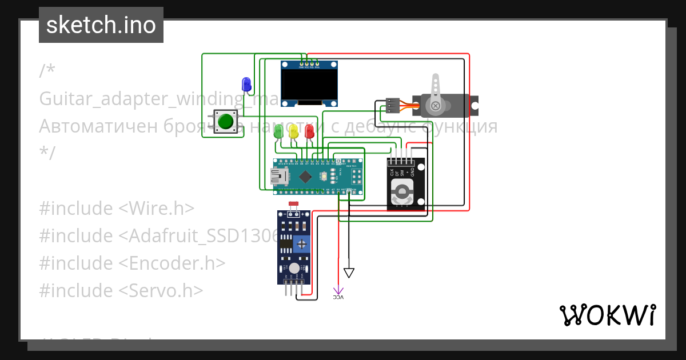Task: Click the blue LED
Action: point(246,84)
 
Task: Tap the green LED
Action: point(278,131)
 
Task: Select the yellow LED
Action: point(293,131)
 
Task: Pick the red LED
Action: point(309,131)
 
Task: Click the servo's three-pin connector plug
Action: point(392,106)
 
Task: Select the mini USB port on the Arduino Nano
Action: point(280,177)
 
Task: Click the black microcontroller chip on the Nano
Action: point(306,177)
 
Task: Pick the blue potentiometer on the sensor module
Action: point(301,245)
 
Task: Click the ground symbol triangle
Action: point(349,273)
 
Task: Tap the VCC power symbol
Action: point(338,293)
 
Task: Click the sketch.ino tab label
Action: point(101,25)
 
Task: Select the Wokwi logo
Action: point(607,315)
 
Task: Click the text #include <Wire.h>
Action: point(117,208)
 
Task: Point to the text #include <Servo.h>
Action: point(121,290)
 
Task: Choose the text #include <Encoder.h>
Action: point(132,263)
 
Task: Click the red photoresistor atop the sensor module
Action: point(294,204)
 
